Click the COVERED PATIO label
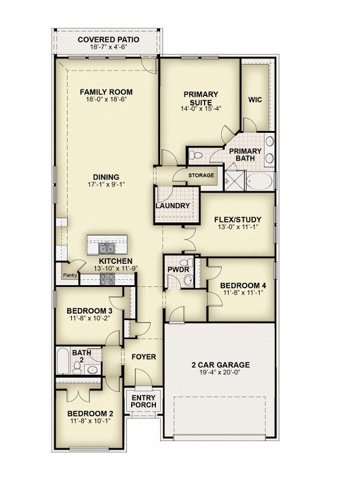click(x=109, y=39)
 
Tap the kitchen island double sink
click(x=107, y=248)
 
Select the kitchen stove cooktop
click(x=107, y=279)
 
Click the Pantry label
click(x=70, y=275)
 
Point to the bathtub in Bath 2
click(x=63, y=360)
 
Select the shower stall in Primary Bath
click(x=235, y=181)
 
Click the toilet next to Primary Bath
click(x=196, y=155)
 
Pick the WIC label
click(x=255, y=100)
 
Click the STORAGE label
click(x=201, y=175)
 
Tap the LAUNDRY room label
click(x=173, y=206)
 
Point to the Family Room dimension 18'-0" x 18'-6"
click(x=106, y=99)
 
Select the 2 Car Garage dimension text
click(x=220, y=372)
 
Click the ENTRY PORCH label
click(x=144, y=401)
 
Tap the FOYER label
click(x=144, y=357)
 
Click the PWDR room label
click(x=178, y=270)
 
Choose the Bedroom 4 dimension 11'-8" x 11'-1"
click(x=243, y=292)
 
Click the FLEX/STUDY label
click(x=237, y=220)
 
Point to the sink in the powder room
click(x=189, y=280)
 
